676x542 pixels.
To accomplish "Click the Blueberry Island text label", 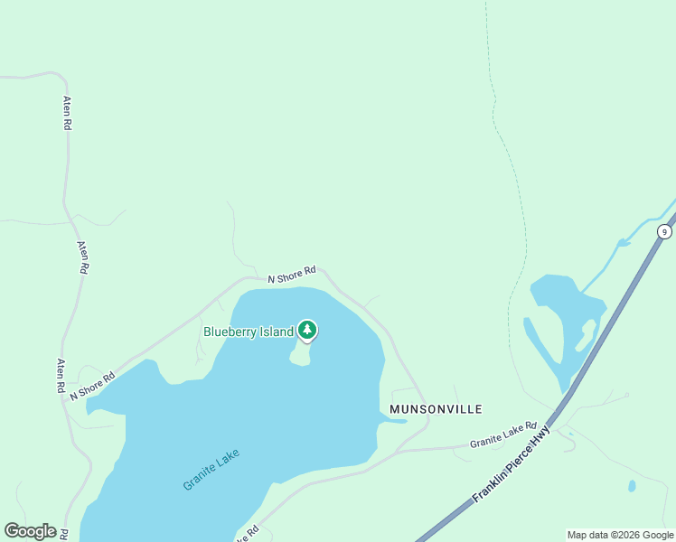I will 249,332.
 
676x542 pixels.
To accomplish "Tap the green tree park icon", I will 307,330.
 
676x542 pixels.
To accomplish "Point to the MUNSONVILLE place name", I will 436,409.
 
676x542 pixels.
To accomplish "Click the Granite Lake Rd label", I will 502,435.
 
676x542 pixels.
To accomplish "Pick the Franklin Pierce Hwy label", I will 511,466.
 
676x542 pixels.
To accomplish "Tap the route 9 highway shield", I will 665,232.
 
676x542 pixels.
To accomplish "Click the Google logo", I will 30,531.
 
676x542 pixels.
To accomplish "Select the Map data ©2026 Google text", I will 620,535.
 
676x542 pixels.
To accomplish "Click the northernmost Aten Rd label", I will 67,114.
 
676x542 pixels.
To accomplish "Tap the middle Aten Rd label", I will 82,257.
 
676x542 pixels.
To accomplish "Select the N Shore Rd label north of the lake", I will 292,273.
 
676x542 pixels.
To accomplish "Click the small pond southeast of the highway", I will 632,486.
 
